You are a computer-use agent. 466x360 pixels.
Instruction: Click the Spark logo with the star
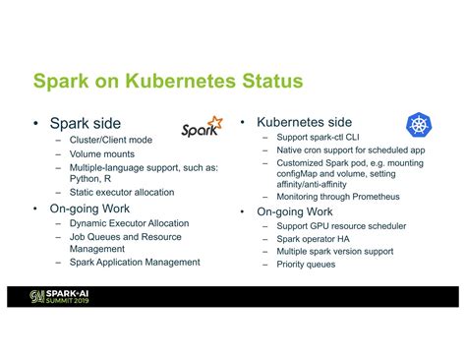click(202, 129)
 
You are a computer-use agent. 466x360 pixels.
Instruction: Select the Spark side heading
click(87, 124)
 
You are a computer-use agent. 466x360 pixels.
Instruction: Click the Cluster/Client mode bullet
click(111, 141)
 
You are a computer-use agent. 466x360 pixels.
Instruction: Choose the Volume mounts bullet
click(102, 154)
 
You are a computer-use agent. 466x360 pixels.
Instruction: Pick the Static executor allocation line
click(122, 193)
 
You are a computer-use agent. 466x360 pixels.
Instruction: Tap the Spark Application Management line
click(135, 263)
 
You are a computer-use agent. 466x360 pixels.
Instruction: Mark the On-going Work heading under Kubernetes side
click(295, 211)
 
